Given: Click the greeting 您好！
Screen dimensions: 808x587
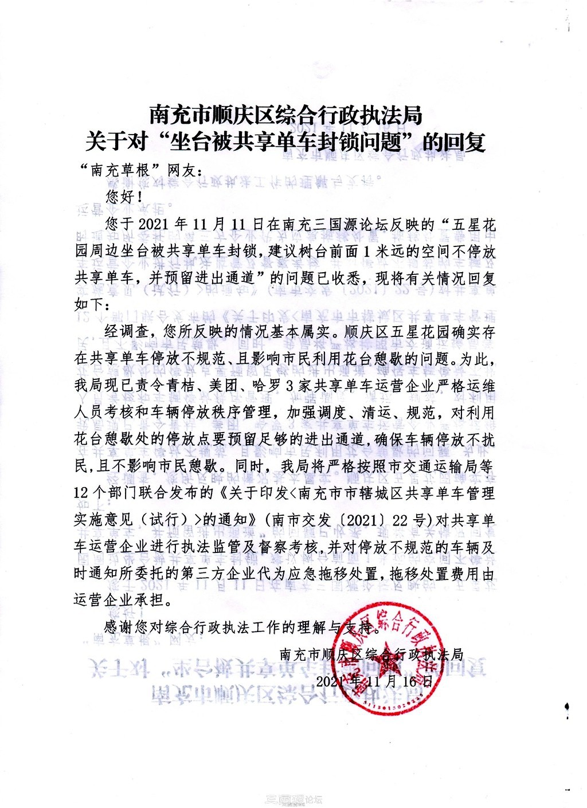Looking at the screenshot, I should coord(122,197).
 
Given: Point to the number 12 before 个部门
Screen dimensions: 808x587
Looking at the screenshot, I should coord(83,493).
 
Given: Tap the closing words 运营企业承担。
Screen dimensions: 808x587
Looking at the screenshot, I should coord(123,601).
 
